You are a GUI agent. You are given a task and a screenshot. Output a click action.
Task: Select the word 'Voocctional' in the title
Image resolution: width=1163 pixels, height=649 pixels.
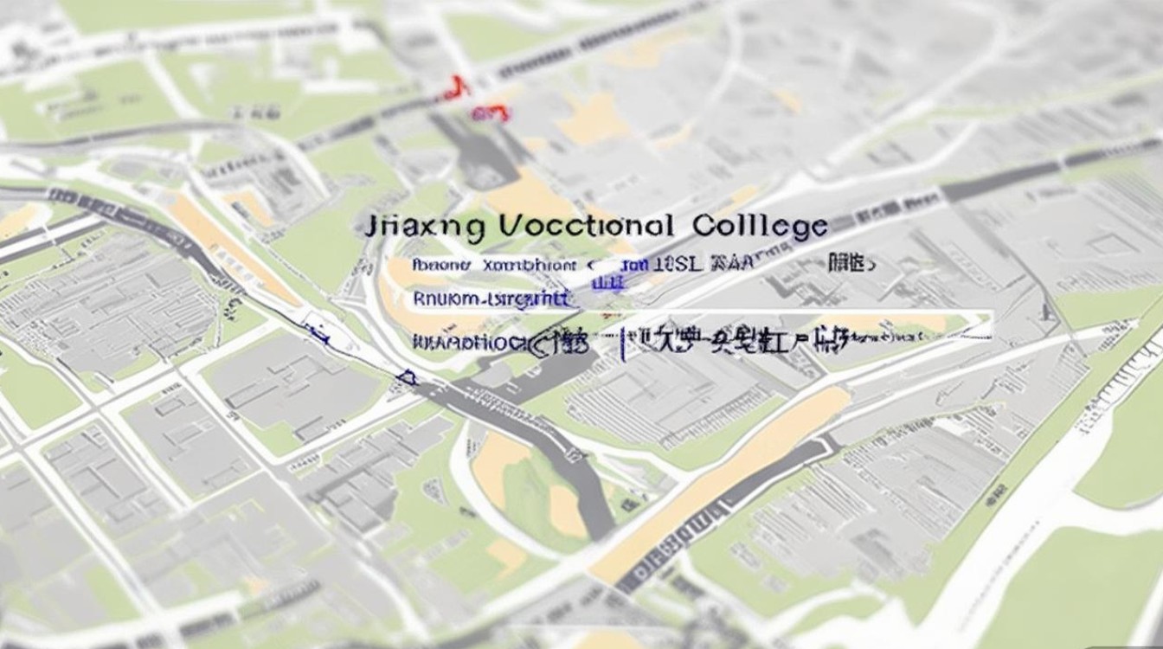587,227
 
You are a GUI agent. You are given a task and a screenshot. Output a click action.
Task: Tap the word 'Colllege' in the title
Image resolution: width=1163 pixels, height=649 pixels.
760,227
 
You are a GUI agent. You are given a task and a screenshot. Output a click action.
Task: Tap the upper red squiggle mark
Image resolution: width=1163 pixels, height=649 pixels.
456,87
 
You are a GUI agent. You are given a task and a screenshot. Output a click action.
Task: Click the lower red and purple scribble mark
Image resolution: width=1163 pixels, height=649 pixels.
490,112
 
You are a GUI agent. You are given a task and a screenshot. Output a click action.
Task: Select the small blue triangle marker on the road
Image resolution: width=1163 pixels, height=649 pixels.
407,376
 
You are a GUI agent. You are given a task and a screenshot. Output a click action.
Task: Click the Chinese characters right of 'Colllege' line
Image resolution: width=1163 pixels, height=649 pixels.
851,262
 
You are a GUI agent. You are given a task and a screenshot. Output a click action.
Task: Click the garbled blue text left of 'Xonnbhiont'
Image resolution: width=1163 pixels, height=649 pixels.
440,263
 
